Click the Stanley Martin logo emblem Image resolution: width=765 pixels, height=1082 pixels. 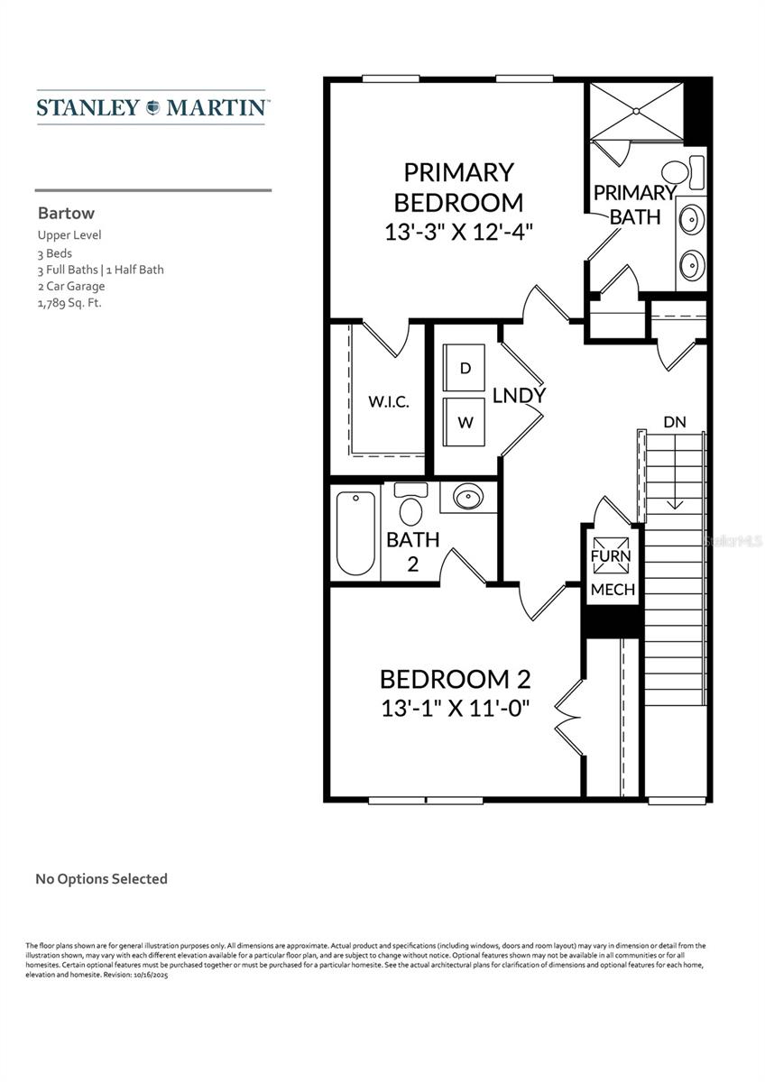click(152, 107)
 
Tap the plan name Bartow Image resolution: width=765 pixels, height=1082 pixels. click(66, 214)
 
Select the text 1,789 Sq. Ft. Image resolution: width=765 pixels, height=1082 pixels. click(69, 303)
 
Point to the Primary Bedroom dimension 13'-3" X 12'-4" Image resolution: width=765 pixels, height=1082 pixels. click(459, 231)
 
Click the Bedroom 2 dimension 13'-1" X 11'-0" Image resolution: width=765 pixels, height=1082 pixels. click(454, 707)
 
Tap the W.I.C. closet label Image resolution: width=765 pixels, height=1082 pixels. click(389, 402)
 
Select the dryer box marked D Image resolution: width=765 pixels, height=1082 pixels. click(465, 368)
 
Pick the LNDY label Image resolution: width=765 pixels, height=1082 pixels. click(519, 395)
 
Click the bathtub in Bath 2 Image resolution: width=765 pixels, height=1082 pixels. click(355, 533)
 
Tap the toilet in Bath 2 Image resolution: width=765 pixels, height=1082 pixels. click(411, 507)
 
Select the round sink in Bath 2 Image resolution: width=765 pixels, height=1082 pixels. click(468, 497)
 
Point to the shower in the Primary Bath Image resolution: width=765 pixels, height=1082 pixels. click(636, 111)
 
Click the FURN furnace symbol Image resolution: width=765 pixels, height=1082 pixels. click(611, 556)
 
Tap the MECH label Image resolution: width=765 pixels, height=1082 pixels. click(613, 590)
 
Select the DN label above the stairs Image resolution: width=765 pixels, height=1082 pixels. click(674, 421)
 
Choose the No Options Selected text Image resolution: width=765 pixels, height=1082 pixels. click(101, 878)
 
